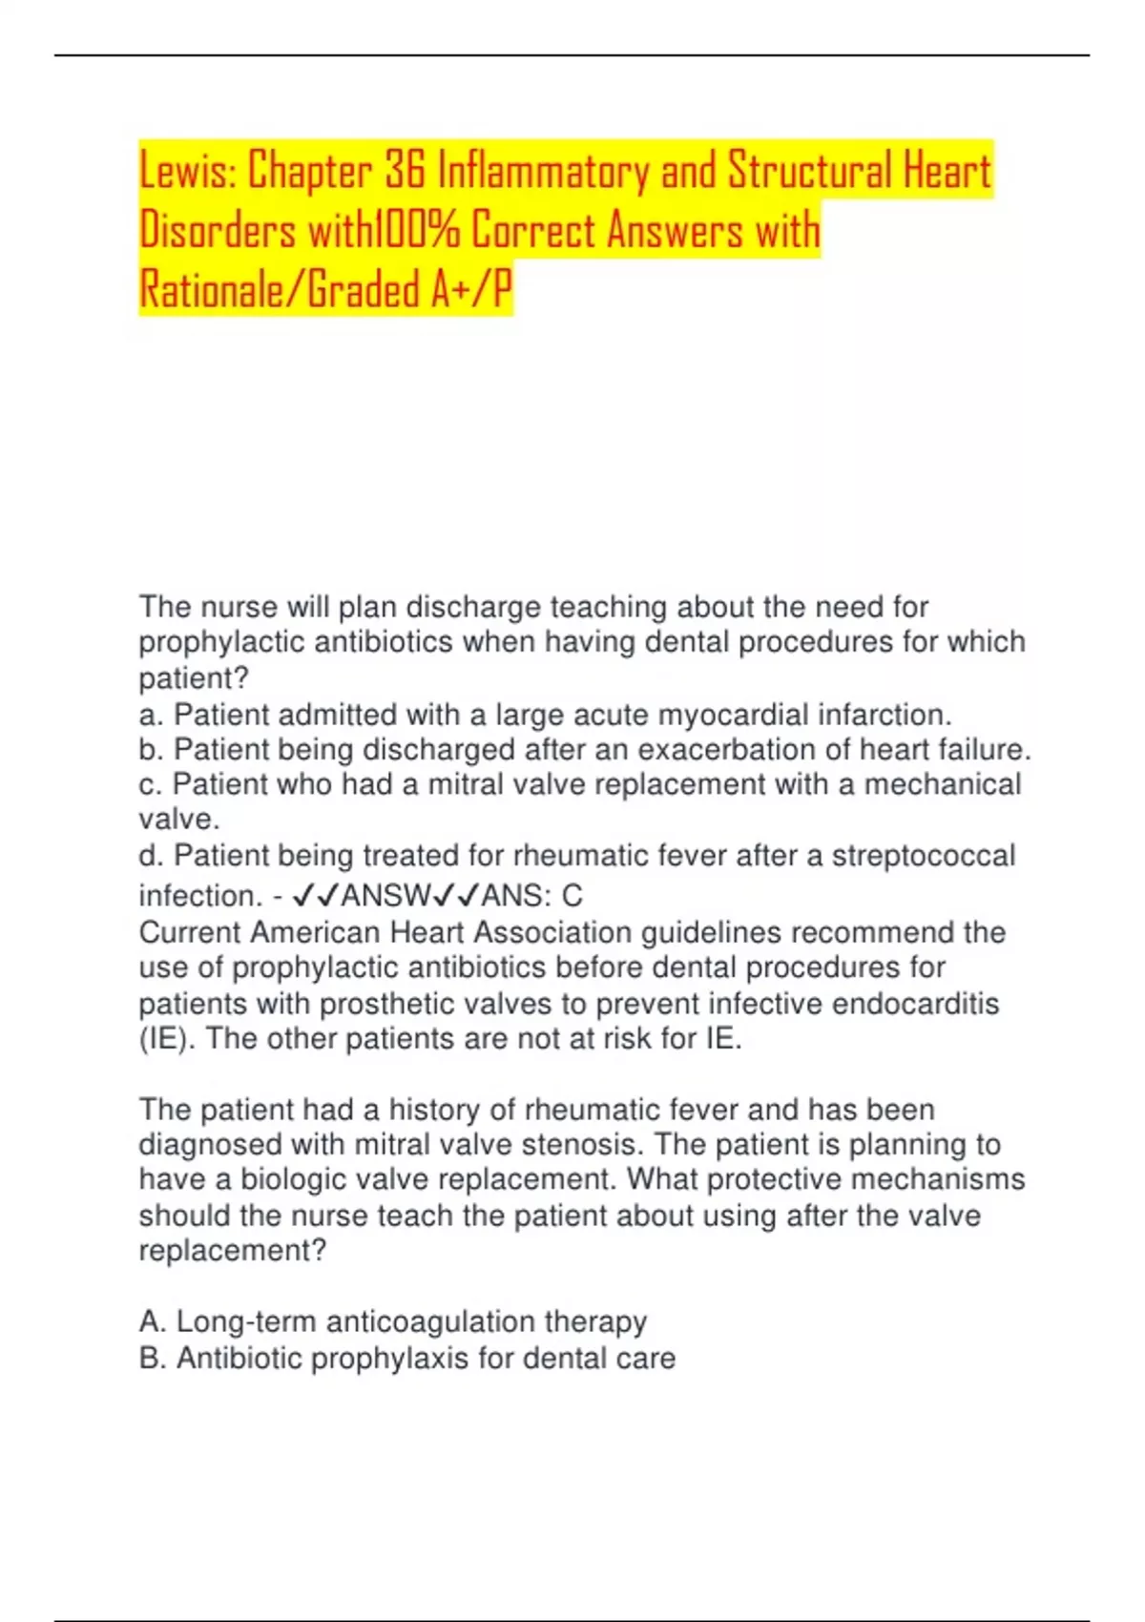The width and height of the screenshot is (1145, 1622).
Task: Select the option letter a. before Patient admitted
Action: pyautogui.click(x=151, y=715)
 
